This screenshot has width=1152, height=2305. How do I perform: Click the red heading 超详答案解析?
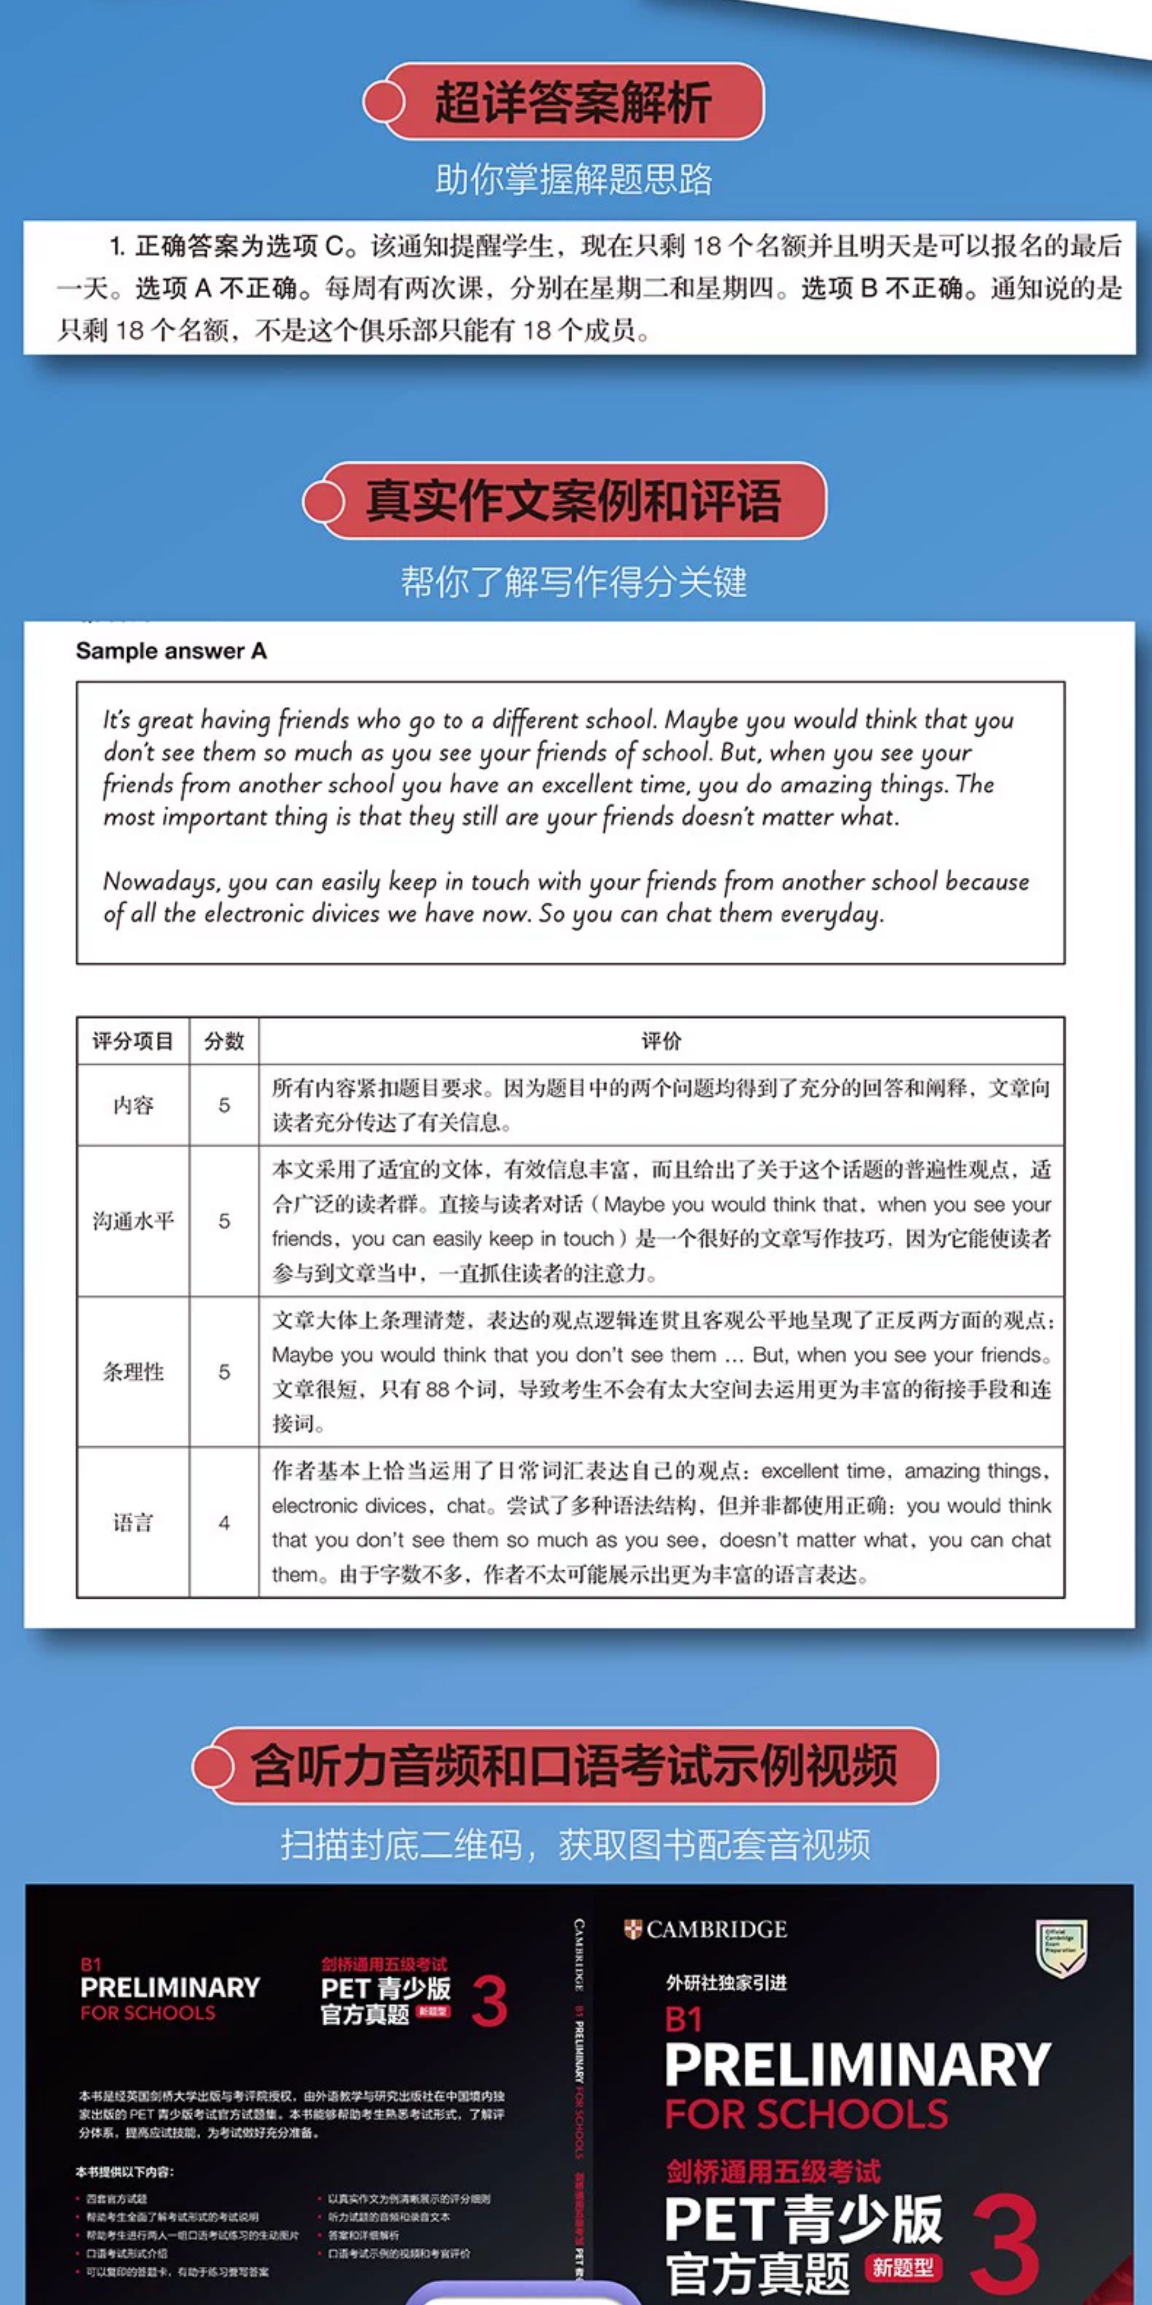(x=572, y=102)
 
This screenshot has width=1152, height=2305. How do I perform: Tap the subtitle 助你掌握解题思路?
(x=573, y=180)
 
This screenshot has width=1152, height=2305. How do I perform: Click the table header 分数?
(x=223, y=1041)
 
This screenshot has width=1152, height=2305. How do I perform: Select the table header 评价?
(x=661, y=1041)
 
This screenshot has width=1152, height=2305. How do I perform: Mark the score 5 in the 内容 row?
(x=223, y=1105)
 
